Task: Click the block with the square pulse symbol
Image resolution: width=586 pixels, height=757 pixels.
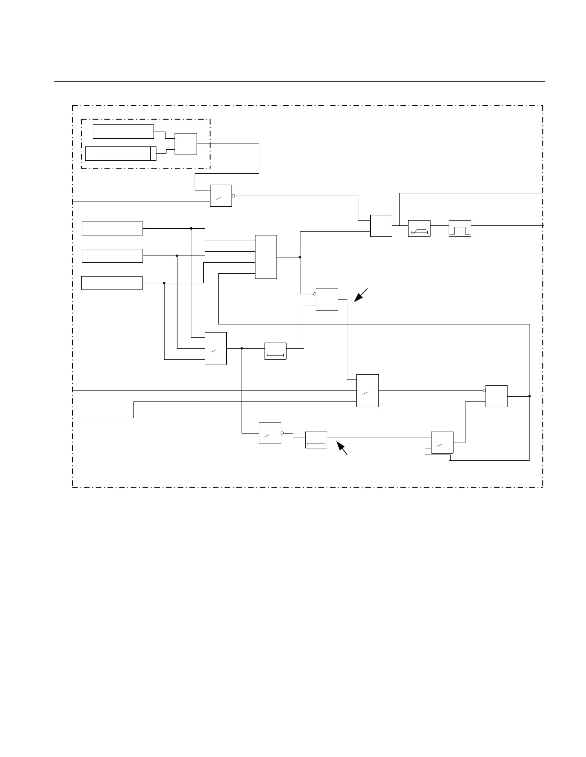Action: click(460, 228)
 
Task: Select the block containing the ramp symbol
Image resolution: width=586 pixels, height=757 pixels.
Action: click(419, 228)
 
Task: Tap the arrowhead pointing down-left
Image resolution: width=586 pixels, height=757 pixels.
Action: click(358, 298)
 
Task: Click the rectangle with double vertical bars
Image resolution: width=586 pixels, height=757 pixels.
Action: click(121, 153)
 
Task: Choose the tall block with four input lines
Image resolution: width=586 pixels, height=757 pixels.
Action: click(266, 257)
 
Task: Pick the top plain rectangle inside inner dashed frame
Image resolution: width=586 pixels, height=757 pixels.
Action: click(123, 132)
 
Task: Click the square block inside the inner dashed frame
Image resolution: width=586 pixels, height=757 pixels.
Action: click(186, 144)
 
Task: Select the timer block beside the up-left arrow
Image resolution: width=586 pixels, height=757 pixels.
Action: click(316, 440)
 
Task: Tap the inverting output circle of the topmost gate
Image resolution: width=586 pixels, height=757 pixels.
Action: click(233, 196)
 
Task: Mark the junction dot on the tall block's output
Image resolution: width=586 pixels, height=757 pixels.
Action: click(300, 257)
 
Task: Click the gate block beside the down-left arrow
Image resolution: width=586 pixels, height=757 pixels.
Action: click(327, 300)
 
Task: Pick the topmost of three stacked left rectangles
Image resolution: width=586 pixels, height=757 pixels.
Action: click(112, 229)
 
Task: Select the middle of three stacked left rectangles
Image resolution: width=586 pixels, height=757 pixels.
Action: click(112, 256)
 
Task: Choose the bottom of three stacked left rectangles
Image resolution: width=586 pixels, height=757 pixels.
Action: click(112, 283)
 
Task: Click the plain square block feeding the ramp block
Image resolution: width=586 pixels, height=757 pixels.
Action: click(381, 226)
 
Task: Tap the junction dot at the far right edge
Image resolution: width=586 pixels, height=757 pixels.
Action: click(530, 396)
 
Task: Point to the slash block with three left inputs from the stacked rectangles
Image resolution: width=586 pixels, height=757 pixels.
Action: click(216, 348)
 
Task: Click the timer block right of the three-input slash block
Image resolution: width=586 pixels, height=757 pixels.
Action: click(275, 351)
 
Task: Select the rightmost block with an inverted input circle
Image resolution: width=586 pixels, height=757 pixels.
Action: click(496, 396)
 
